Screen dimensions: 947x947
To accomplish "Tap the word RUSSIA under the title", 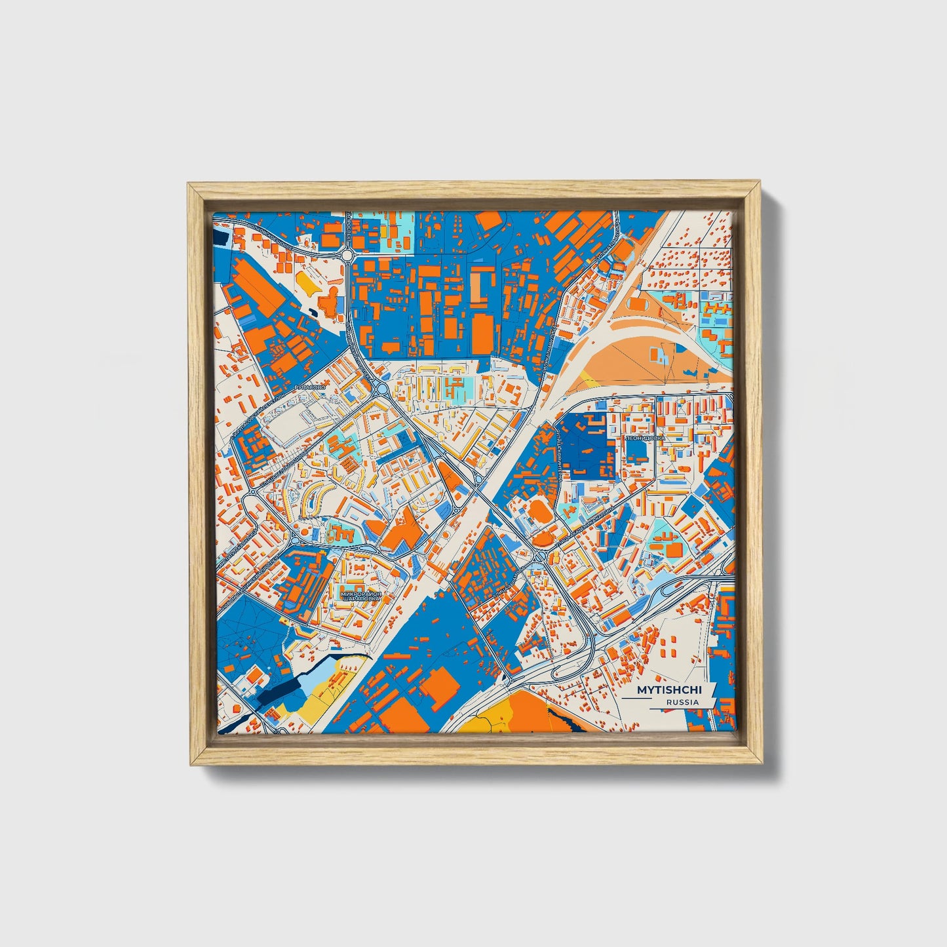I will pyautogui.click(x=682, y=702).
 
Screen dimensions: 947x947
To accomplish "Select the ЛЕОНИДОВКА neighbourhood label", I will pyautogui.click(x=645, y=437).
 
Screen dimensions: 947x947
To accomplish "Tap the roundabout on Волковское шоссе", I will pyautogui.click(x=347, y=254).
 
